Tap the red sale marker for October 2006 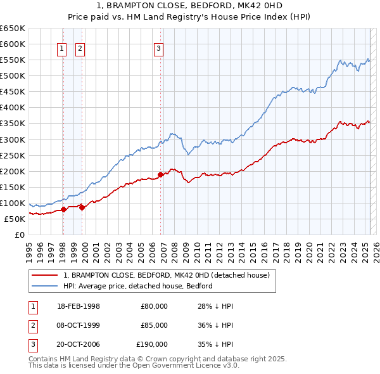[160, 174]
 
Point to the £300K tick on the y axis [16, 139]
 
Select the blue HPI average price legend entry [137, 286]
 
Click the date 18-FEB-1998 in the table [79, 306]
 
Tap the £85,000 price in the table [155, 325]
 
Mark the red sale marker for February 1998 [63, 209]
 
